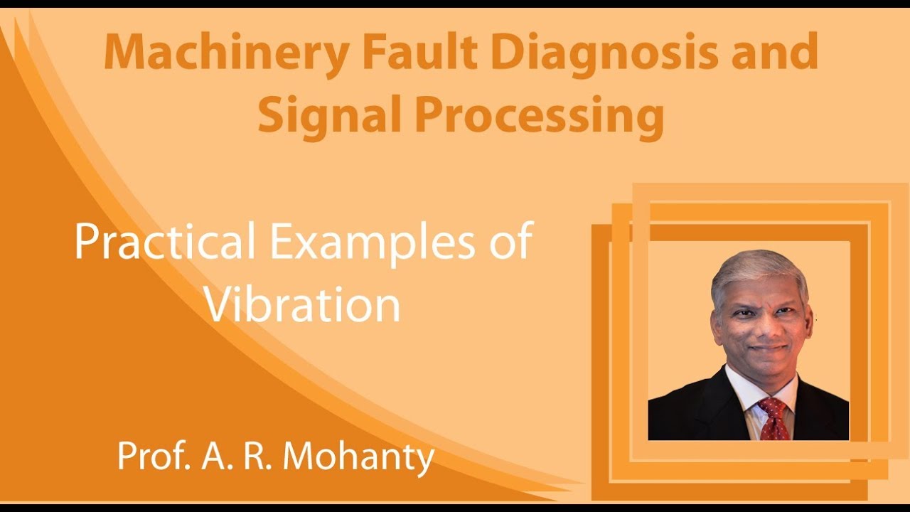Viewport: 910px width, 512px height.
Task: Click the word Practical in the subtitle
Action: coord(164,242)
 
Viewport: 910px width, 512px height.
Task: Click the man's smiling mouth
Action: coord(767,350)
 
